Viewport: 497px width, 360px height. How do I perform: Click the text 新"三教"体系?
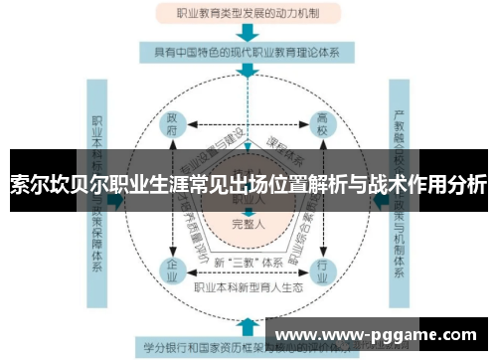click(x=248, y=261)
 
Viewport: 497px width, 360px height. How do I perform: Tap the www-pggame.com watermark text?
click(x=378, y=335)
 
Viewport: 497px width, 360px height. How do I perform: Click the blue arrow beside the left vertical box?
click(x=116, y=199)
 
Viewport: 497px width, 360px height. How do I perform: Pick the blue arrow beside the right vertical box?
click(x=379, y=199)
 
